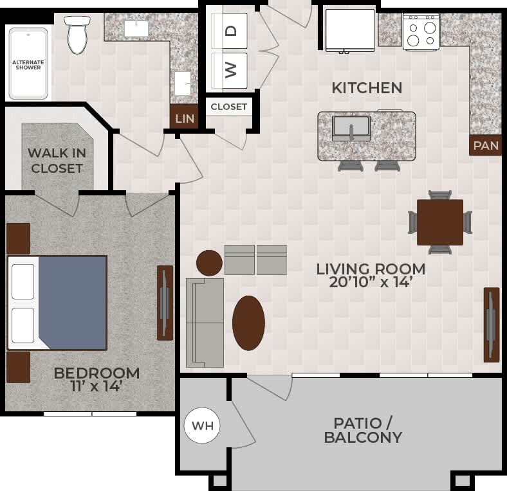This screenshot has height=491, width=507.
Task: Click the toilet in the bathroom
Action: pyautogui.click(x=77, y=35)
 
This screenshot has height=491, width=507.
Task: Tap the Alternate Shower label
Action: pyautogui.click(x=28, y=64)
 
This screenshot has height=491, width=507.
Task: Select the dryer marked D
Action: pyautogui.click(x=230, y=30)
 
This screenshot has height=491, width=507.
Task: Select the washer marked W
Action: pyautogui.click(x=230, y=70)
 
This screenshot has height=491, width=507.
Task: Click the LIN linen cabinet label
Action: pyautogui.click(x=184, y=119)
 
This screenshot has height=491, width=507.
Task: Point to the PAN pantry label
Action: pyautogui.click(x=485, y=146)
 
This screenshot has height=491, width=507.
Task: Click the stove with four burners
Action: pyautogui.click(x=421, y=31)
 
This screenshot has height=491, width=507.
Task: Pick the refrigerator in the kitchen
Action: pyautogui.click(x=350, y=30)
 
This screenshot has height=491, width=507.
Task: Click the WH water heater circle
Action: pyautogui.click(x=203, y=425)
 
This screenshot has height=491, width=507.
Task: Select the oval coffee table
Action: pyautogui.click(x=248, y=323)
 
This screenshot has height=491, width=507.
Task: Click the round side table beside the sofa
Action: pyautogui.click(x=209, y=263)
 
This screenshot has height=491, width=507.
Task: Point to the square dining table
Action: pyautogui.click(x=440, y=222)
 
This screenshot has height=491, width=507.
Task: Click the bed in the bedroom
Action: pyautogui.click(x=57, y=303)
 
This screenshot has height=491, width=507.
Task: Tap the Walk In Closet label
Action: pyautogui.click(x=57, y=161)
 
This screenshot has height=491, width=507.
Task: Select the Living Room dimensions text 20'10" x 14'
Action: pyautogui.click(x=371, y=282)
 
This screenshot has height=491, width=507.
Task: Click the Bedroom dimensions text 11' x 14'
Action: pyautogui.click(x=97, y=387)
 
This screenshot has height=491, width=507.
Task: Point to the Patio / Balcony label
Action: pyautogui.click(x=363, y=431)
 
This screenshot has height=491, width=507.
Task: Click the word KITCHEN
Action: pyautogui.click(x=367, y=88)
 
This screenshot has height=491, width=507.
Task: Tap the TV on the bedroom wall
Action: pyautogui.click(x=165, y=302)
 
